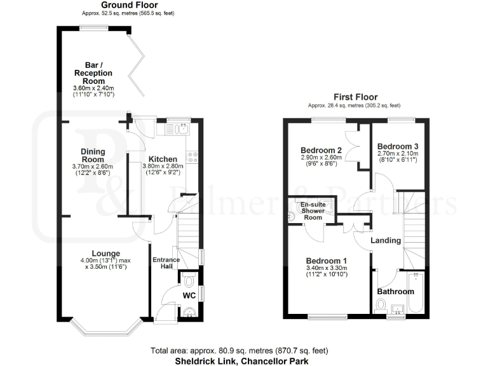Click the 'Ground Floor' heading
click(x=129, y=5)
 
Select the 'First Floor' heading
click(x=353, y=97)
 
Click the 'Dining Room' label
click(x=93, y=155)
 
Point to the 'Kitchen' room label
click(x=163, y=159)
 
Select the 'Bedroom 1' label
click(x=327, y=261)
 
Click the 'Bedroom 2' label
click(x=321, y=150)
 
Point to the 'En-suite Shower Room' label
click(x=312, y=211)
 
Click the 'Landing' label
click(x=386, y=240)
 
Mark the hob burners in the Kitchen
click(x=193, y=156)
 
